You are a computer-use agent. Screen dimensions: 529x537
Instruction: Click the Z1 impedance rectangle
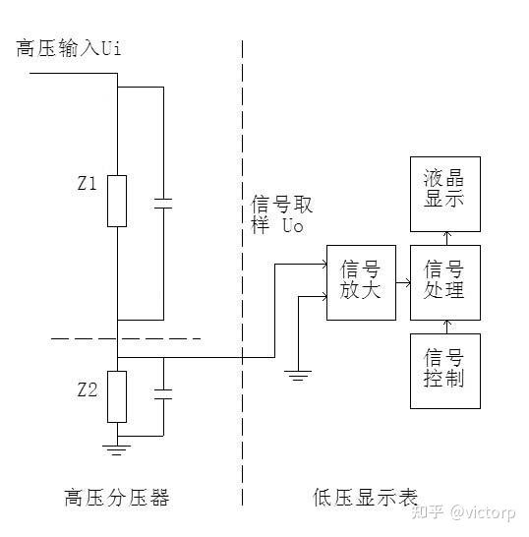coord(117,201)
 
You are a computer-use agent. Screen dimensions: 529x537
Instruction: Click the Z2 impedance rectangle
coord(117,396)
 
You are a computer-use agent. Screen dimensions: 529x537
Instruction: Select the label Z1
coord(87,183)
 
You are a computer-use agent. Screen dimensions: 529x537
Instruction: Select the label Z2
coord(87,389)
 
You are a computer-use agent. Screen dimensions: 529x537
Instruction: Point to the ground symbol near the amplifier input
coord(298,376)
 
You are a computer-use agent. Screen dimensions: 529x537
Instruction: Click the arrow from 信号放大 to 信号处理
coord(403,283)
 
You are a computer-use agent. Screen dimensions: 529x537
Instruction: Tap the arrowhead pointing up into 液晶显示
coord(446,234)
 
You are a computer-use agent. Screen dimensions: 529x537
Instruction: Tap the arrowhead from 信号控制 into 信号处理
coord(446,323)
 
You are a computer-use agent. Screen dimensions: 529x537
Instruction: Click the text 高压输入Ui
coord(69,47)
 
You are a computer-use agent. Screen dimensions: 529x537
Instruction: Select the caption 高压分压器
coord(117,498)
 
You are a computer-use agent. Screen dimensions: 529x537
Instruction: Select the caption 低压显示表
coord(365,498)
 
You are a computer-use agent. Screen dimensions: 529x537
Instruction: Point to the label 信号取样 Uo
coord(282,214)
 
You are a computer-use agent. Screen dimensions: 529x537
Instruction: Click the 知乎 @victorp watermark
coord(463,512)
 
